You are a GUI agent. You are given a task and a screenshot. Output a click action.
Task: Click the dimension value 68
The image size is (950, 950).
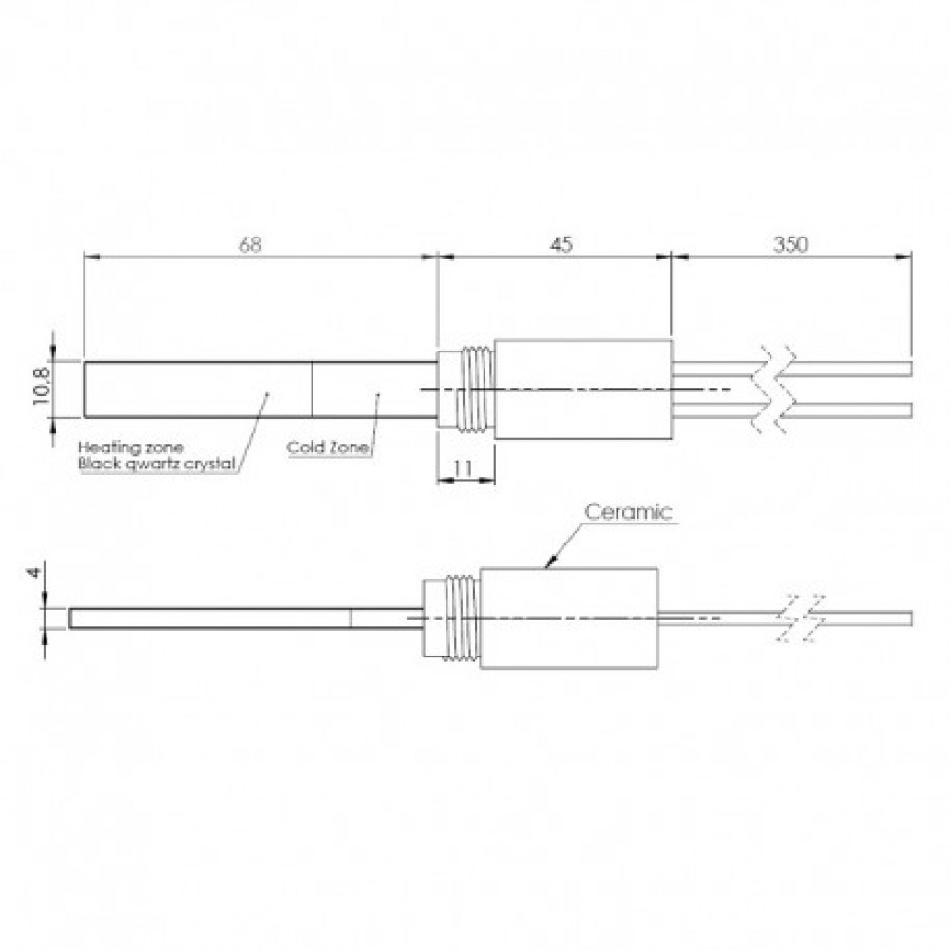click(x=250, y=245)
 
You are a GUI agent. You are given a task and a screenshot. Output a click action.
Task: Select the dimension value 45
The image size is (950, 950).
click(x=561, y=245)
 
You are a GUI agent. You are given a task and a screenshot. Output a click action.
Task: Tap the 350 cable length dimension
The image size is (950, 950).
click(x=790, y=245)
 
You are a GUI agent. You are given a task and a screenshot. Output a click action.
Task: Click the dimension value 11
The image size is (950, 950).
click(x=463, y=467)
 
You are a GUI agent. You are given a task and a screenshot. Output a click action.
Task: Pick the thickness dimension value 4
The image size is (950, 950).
click(x=36, y=571)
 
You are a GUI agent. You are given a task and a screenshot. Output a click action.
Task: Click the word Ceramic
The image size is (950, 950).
click(x=628, y=512)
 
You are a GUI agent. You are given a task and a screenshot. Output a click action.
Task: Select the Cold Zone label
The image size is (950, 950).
click(x=327, y=447)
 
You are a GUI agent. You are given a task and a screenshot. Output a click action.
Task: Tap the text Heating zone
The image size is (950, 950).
click(x=131, y=447)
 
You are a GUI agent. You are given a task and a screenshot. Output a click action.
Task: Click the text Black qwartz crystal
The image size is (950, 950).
click(x=157, y=465)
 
